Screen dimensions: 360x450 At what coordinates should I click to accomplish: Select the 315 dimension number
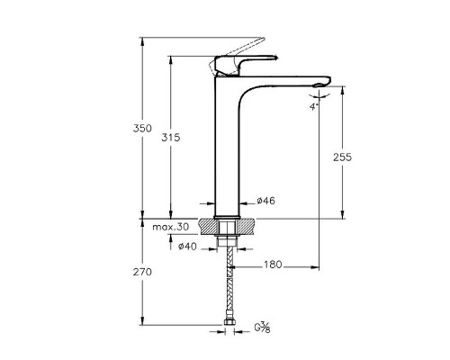pyautogui.click(x=171, y=138)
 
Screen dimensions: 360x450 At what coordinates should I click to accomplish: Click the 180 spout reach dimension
pyautogui.click(x=274, y=265)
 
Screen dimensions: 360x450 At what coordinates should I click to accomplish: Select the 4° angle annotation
pyautogui.click(x=313, y=105)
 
